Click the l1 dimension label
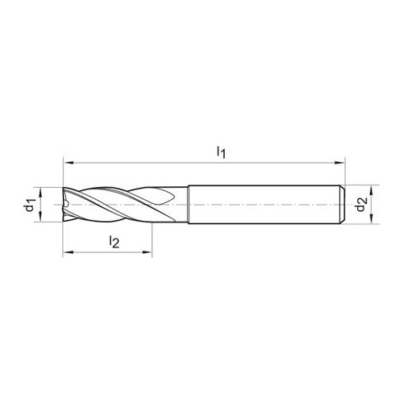[x=221, y=152]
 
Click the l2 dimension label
[x=114, y=242]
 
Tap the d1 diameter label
[x=30, y=205]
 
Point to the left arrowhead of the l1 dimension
[x=68, y=163]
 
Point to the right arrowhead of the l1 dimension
[x=339, y=163]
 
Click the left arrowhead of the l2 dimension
[x=68, y=252]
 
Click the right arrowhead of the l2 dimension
[x=147, y=252]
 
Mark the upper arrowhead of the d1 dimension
[x=40, y=193]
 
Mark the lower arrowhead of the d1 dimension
[x=40, y=217]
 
